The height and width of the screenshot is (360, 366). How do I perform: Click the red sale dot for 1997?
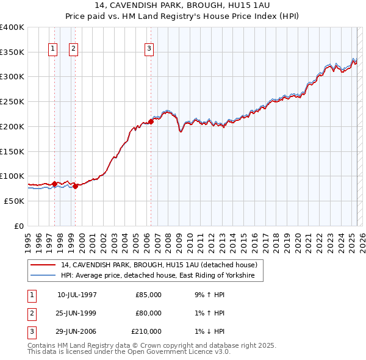coord(54,183)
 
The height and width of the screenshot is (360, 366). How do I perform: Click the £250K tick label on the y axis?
coord(12,101)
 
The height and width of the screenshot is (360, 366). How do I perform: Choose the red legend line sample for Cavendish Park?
coord(43,265)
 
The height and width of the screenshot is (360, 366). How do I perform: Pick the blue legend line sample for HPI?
coord(43,276)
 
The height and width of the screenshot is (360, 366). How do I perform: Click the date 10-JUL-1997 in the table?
coord(77,295)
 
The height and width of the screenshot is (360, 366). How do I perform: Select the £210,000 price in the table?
coord(146,331)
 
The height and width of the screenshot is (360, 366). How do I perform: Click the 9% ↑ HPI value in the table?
coord(207,295)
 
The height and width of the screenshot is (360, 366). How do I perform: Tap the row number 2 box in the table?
coord(31,313)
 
